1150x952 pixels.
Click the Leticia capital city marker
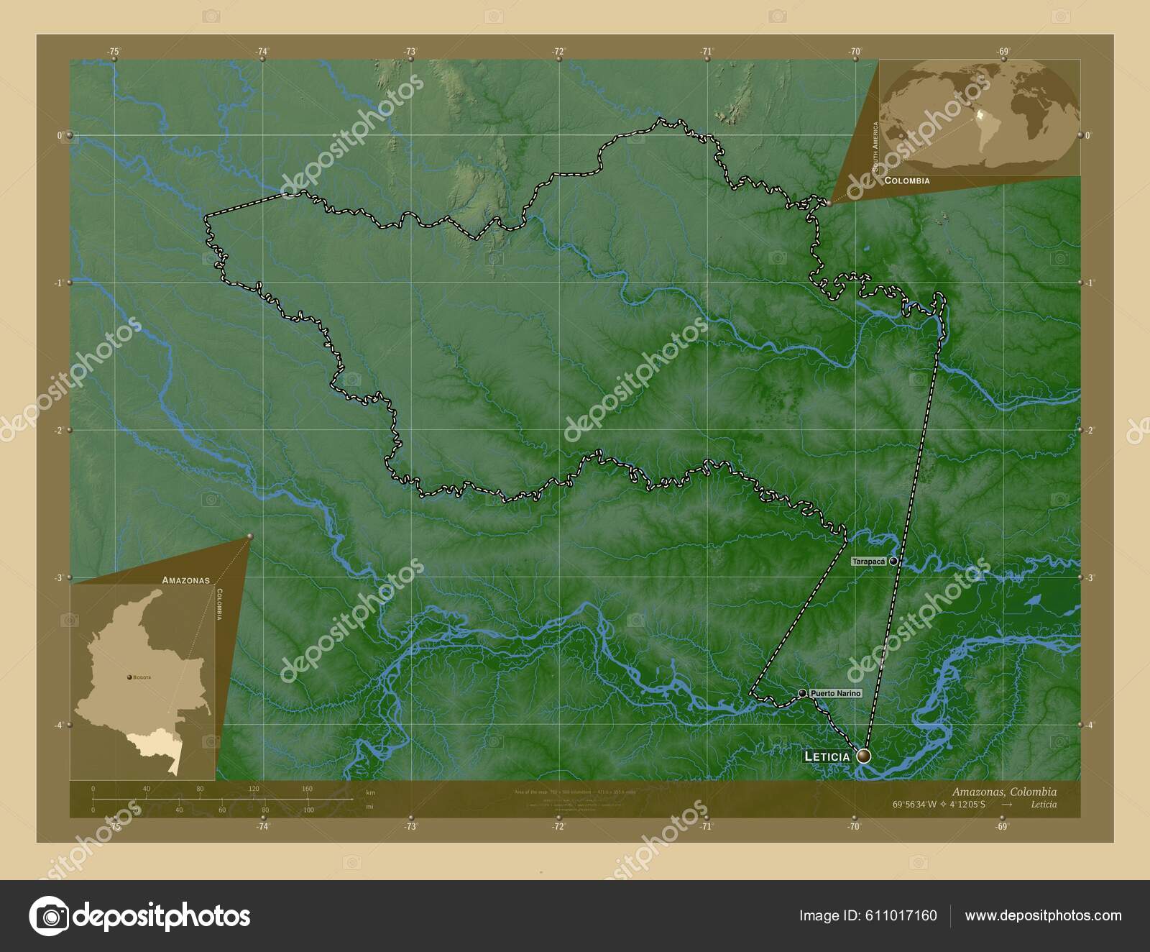click(863, 756)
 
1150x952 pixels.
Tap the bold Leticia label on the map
click(827, 756)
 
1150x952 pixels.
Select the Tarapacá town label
click(869, 561)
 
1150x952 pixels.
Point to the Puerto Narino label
click(834, 693)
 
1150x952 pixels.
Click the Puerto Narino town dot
click(802, 693)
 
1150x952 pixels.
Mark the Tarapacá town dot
click(893, 561)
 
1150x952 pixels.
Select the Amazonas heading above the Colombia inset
click(185, 580)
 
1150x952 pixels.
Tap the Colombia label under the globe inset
click(906, 181)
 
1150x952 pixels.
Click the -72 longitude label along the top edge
click(558, 51)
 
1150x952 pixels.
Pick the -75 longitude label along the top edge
click(114, 51)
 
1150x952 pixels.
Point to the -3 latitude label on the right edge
click(1088, 577)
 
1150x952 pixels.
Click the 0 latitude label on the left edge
click(60, 135)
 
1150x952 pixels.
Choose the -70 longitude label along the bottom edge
click(854, 827)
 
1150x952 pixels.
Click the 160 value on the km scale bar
click(307, 789)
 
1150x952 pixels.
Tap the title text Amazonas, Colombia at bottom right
click(1004, 791)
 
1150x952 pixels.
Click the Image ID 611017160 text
click(868, 916)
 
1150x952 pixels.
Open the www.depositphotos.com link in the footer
click(1043, 916)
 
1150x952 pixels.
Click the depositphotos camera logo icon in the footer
click(48, 916)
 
